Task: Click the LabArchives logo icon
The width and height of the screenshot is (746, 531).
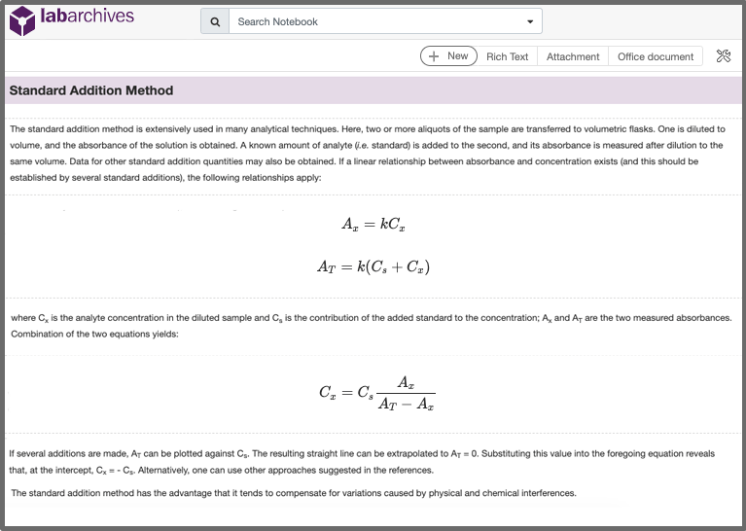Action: (x=22, y=19)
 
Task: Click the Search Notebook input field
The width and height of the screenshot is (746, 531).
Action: (x=374, y=21)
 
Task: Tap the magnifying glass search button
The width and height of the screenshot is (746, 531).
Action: (x=215, y=21)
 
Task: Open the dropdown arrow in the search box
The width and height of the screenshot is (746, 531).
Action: (x=530, y=21)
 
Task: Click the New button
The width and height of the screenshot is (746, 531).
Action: (x=448, y=56)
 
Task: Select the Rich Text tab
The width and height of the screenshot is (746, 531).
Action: (x=507, y=56)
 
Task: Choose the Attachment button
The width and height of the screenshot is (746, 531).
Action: (x=573, y=56)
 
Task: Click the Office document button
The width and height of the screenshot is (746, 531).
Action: (x=656, y=56)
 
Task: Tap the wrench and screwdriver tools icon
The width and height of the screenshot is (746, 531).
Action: (x=723, y=56)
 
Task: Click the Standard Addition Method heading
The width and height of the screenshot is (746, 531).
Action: (x=91, y=91)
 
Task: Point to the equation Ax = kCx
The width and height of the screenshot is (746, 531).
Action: (x=373, y=225)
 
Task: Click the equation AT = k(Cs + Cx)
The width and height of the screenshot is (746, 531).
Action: (x=373, y=266)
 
